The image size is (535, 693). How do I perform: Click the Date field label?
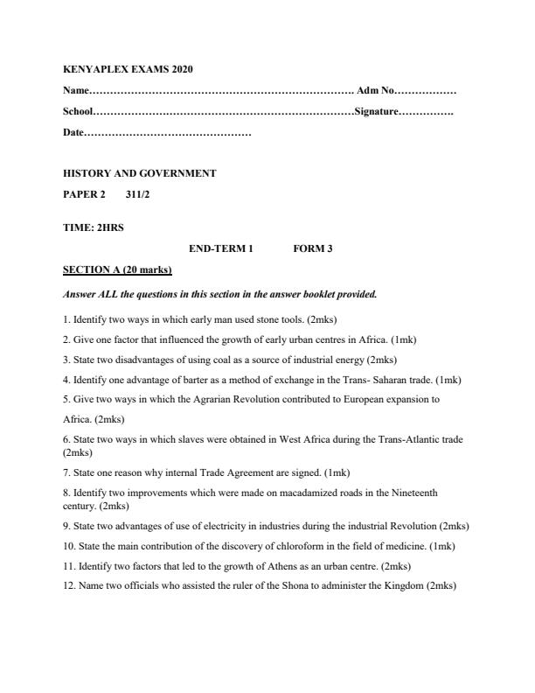point(73,134)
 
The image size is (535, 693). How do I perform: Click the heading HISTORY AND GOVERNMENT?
point(140,173)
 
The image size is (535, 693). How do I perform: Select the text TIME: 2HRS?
point(94,227)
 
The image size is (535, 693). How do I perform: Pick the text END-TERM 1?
point(220,248)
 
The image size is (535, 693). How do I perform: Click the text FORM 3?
point(312,248)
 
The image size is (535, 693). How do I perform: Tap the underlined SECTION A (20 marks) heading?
point(118,269)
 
